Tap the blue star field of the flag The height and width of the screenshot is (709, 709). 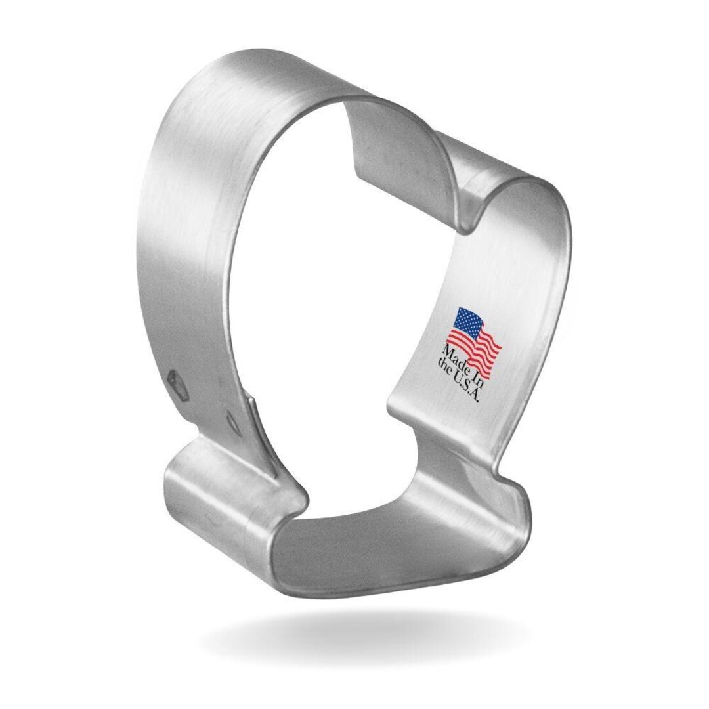click(467, 322)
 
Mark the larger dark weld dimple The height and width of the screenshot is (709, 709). click(177, 380)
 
